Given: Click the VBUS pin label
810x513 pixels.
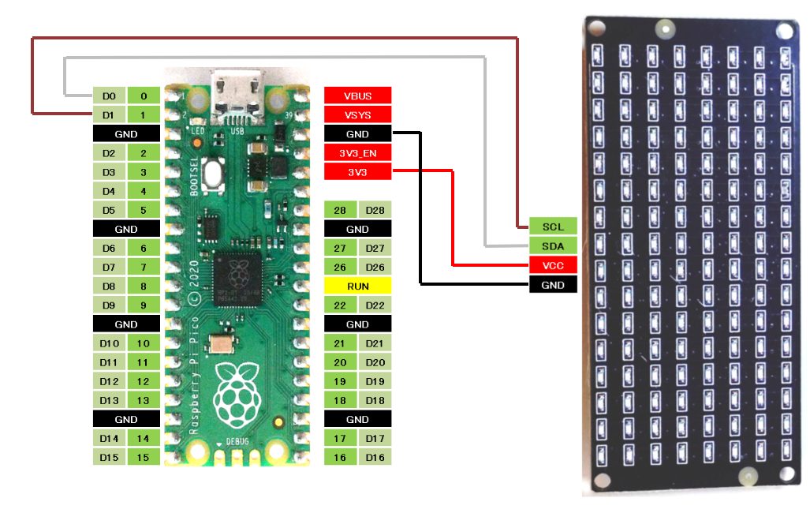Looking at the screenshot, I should tap(357, 95).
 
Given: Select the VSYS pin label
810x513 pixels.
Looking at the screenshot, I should tap(357, 115).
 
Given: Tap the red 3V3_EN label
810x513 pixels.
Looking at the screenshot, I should tap(357, 153).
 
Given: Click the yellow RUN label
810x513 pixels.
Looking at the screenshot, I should tap(357, 286).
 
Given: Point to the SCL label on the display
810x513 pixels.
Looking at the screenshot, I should tap(553, 227).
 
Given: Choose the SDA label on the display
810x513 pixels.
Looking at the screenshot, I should tap(553, 245).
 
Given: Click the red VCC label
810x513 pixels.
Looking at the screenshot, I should tap(553, 265).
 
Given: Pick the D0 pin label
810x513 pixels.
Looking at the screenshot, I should tap(109, 96).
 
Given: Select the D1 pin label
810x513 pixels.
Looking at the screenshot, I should tap(109, 115).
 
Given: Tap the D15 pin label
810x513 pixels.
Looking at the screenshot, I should tap(109, 457).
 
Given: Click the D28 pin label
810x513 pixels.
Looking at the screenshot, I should tap(375, 210).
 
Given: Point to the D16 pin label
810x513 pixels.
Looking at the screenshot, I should tap(375, 457).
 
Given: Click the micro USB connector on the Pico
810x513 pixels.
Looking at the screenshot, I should tap(236, 94).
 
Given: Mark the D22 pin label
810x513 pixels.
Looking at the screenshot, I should tap(375, 305).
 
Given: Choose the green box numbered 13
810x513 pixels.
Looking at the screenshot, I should tap(143, 400).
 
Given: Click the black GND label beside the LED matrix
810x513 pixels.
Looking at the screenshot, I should tap(553, 284).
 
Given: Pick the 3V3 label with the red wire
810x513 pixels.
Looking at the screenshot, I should tap(357, 172).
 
